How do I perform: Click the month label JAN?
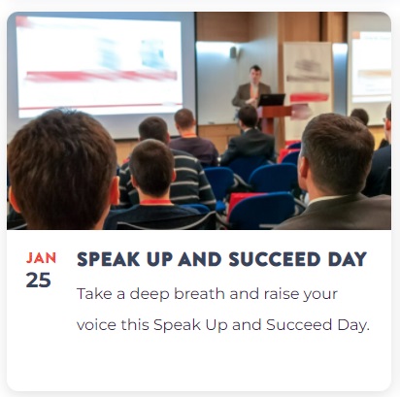41,258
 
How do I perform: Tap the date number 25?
39,280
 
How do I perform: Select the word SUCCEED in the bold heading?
275,259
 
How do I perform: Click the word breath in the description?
199,294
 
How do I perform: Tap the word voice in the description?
96,325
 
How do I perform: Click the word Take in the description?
90,294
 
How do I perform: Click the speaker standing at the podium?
251,86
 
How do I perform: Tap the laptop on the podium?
271,100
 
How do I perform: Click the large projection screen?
100,66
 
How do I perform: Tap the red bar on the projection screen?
101,76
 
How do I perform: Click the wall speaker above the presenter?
233,52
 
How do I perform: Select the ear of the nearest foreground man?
115,191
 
